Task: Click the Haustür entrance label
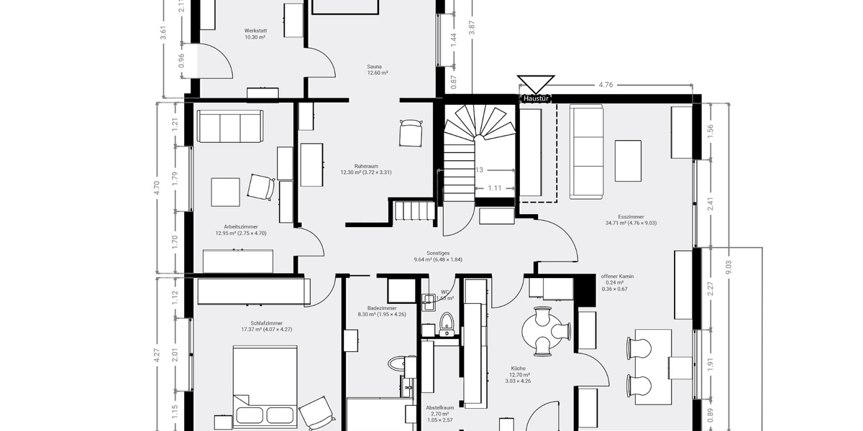pyautogui.click(x=536, y=98)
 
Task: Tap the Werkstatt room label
pyautogui.click(x=255, y=34)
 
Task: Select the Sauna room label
pyautogui.click(x=378, y=70)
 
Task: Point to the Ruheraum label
pyautogui.click(x=366, y=169)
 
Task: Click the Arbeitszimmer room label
pyautogui.click(x=240, y=229)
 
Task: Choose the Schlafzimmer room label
pyautogui.click(x=266, y=326)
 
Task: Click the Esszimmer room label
pyautogui.click(x=631, y=219)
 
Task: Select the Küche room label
pyautogui.click(x=519, y=371)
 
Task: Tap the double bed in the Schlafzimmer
pyautogui.click(x=265, y=388)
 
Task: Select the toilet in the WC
pyautogui.click(x=447, y=323)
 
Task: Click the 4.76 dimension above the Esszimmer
pyautogui.click(x=606, y=85)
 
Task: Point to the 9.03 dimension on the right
pyautogui.click(x=728, y=267)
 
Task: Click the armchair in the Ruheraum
pyautogui.click(x=411, y=134)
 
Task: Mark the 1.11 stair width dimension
pyautogui.click(x=494, y=188)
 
